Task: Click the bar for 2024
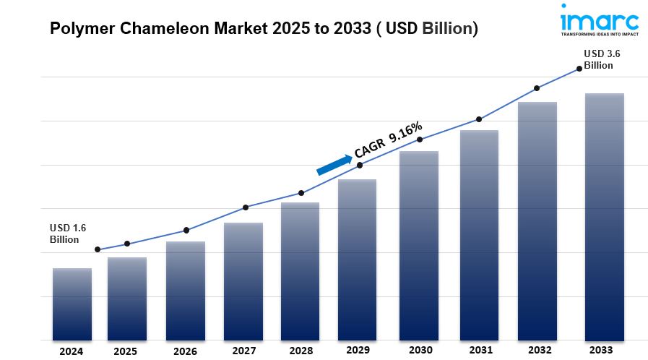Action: [72, 304]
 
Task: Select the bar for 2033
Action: [604, 217]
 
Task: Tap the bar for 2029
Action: [358, 260]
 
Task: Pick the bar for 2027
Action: [243, 282]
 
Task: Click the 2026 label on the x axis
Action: [185, 351]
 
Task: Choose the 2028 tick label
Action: [300, 351]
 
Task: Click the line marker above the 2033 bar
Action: [579, 69]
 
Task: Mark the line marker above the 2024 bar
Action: [98, 249]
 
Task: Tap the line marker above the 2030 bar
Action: [420, 140]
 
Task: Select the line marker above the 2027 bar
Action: [246, 207]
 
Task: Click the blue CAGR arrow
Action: [333, 164]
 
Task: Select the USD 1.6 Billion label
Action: [68, 233]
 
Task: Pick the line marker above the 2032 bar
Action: [537, 88]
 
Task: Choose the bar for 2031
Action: [479, 235]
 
